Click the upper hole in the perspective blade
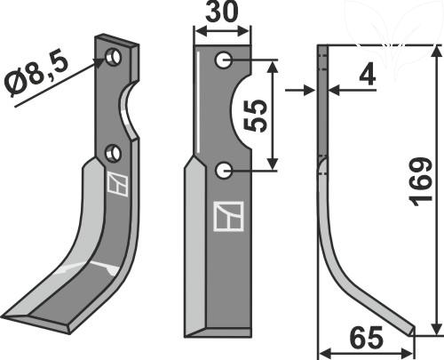pos(115,58)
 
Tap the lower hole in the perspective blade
pos(113,154)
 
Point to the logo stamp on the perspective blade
pos(115,184)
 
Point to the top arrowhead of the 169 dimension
pos(434,52)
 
